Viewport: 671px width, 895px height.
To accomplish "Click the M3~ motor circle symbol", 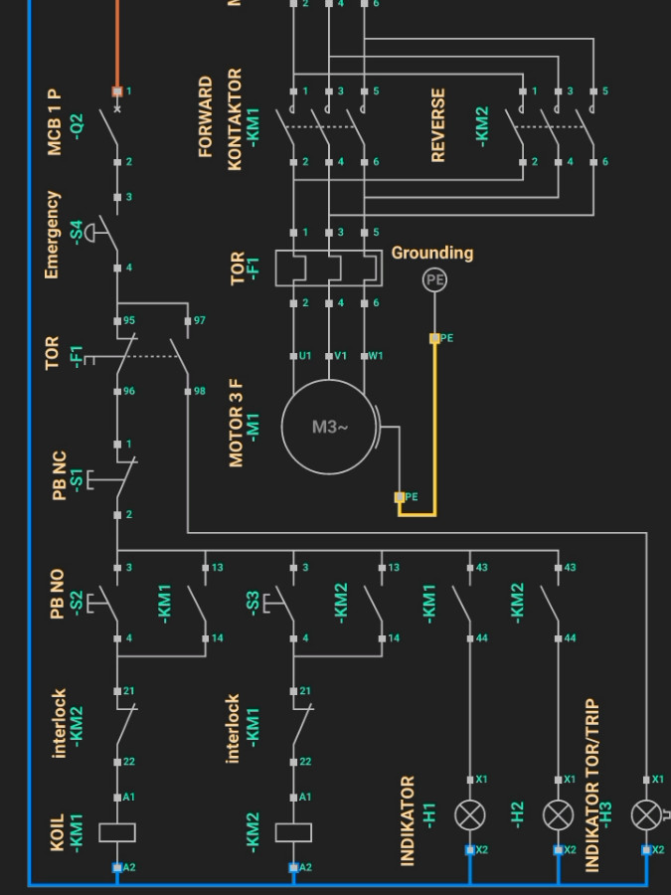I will click(x=330, y=427).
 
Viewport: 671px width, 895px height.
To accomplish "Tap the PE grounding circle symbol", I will click(x=434, y=280).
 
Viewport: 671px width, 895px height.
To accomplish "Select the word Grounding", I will click(x=431, y=253).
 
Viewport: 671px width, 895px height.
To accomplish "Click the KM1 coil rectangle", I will click(x=117, y=832).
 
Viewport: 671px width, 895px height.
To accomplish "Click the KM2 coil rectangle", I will click(x=293, y=832).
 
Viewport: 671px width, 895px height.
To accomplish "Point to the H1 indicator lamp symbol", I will click(x=469, y=815).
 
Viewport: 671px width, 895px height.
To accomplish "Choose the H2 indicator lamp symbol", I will click(x=558, y=815).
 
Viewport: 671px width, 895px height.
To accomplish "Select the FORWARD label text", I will click(x=206, y=117).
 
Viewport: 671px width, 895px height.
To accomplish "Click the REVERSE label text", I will click(x=437, y=125).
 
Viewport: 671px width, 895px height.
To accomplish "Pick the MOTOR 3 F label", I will click(x=237, y=423).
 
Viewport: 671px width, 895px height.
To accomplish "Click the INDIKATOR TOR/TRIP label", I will click(x=592, y=786).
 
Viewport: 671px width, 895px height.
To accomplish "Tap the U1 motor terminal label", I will click(x=305, y=356).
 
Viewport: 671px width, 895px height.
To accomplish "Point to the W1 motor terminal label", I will click(x=375, y=356).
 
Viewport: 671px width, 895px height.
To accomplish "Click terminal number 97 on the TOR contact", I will click(x=199, y=320).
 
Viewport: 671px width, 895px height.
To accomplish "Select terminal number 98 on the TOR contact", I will click(x=199, y=392).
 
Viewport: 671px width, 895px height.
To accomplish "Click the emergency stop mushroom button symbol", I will click(x=92, y=232).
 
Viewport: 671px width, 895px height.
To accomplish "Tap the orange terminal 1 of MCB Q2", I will click(x=117, y=91).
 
